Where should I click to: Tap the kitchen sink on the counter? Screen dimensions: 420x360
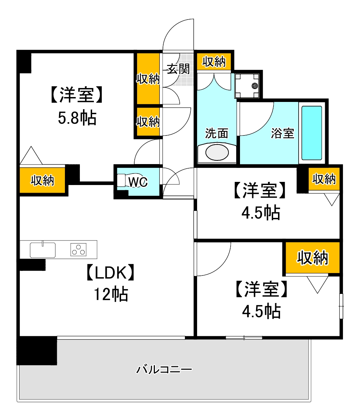click(43, 250)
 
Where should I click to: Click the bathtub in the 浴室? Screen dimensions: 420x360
click(312, 132)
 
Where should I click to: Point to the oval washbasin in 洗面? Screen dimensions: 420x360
click(217, 153)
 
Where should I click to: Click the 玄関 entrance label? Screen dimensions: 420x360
click(178, 69)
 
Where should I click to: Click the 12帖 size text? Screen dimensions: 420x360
click(110, 294)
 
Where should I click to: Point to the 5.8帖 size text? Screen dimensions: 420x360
click(77, 118)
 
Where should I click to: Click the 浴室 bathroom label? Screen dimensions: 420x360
click(283, 133)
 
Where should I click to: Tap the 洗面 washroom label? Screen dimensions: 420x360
click(217, 133)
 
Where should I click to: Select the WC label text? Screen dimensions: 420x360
click(138, 182)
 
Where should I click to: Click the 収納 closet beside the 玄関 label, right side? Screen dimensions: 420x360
click(214, 62)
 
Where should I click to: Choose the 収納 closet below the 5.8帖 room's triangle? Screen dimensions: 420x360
click(42, 180)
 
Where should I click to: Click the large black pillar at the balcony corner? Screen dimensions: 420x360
click(37, 350)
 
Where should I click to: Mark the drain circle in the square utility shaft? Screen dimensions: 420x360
click(254, 86)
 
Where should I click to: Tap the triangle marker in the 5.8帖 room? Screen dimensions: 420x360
click(31, 156)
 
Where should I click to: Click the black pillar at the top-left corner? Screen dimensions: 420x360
click(24, 61)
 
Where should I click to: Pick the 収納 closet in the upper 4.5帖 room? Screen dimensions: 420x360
click(324, 179)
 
